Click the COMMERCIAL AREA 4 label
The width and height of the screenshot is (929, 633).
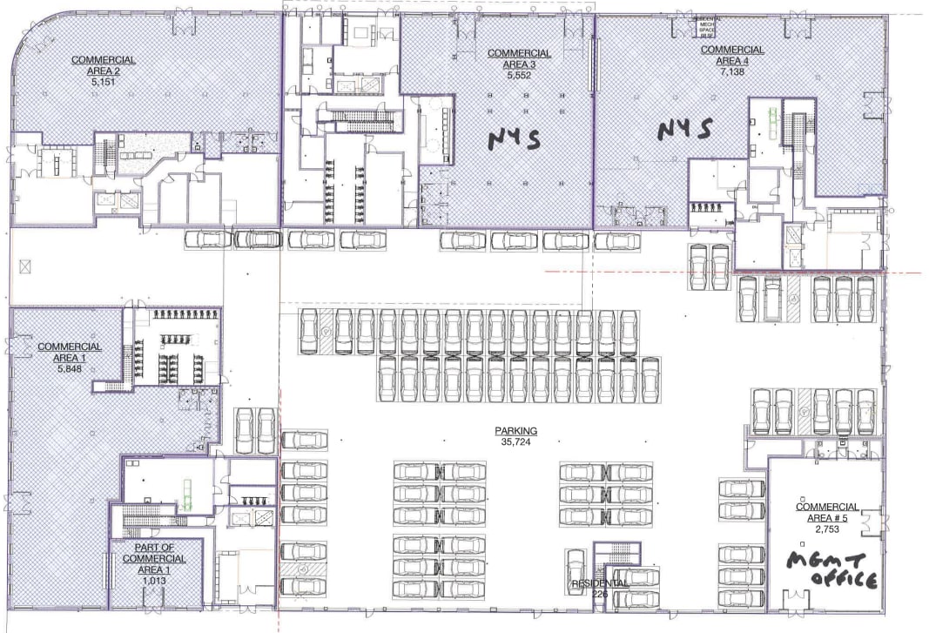[732, 55]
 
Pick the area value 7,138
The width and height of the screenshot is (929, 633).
[732, 72]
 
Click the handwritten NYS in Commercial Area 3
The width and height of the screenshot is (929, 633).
[514, 137]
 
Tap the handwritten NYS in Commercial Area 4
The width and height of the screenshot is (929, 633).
[685, 130]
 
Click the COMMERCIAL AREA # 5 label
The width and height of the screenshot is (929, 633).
[827, 512]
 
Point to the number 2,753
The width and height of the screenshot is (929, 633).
[827, 529]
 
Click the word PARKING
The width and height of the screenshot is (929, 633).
[516, 431]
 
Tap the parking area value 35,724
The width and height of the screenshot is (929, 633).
[516, 442]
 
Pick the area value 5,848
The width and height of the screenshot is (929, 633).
[70, 368]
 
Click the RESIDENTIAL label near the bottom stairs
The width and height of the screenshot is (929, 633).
[599, 583]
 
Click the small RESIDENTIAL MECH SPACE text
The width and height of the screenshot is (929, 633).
[708, 28]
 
